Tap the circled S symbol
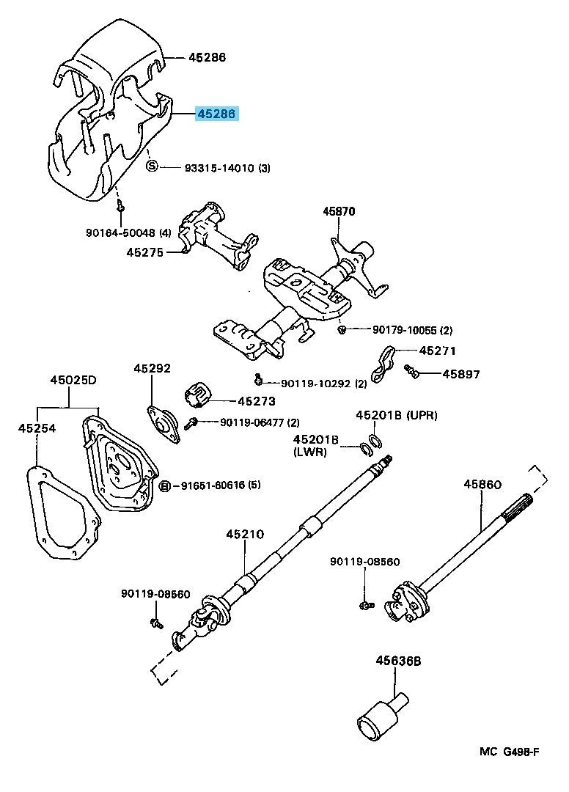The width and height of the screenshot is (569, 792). point(153,167)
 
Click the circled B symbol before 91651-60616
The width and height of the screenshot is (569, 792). point(165,485)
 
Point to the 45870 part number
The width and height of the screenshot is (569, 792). point(339,212)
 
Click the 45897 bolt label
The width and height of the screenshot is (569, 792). point(461,374)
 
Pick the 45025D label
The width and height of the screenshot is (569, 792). point(73,381)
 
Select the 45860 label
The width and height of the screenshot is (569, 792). point(482,484)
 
